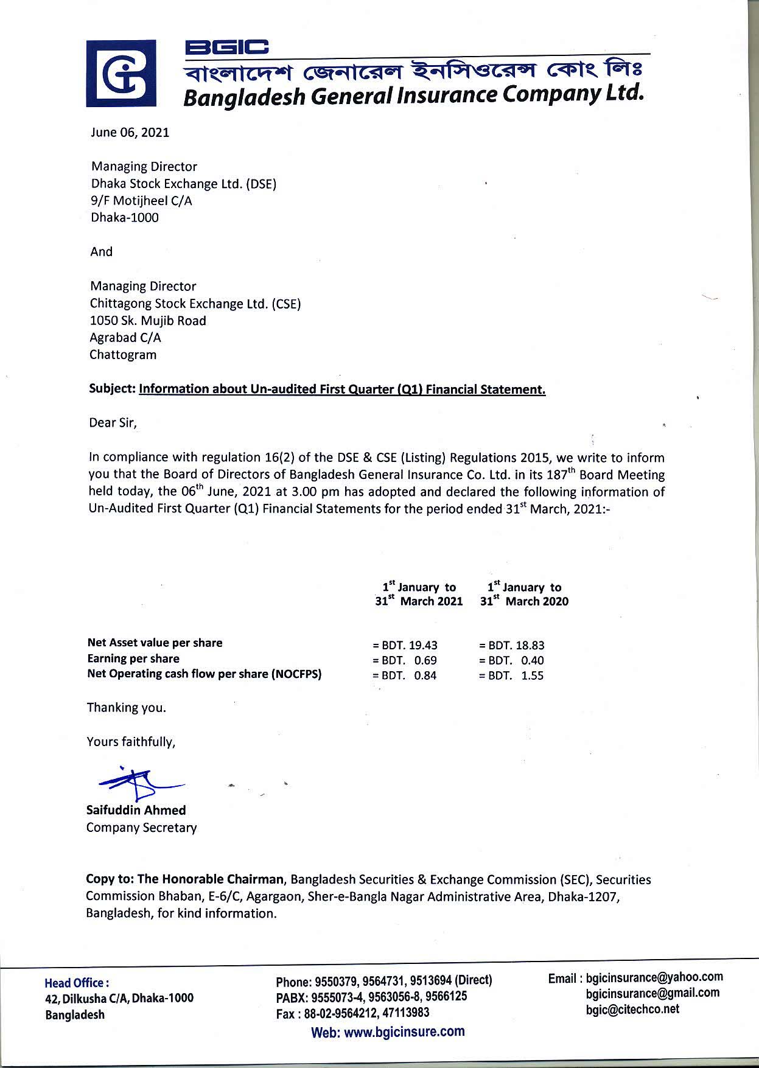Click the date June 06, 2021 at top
click(130, 133)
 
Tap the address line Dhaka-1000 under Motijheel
click(125, 218)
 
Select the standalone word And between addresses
click(102, 252)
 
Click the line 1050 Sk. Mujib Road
click(148, 321)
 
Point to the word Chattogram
click(123, 355)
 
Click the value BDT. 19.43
click(405, 645)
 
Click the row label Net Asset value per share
click(155, 643)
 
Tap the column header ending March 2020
click(525, 595)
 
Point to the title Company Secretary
click(142, 828)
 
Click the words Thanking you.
click(127, 708)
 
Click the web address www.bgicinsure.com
click(388, 1031)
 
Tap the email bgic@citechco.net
click(632, 1010)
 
